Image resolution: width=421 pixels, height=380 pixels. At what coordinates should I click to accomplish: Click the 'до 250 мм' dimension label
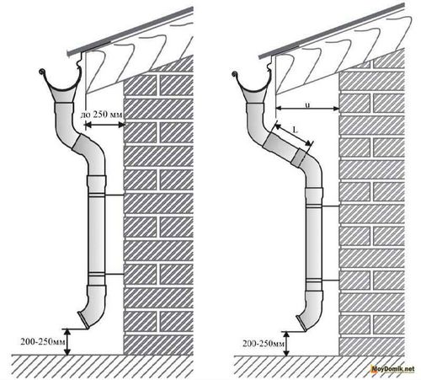pyautogui.click(x=101, y=115)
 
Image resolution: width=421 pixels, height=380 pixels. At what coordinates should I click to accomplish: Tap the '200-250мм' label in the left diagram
pyautogui.click(x=43, y=342)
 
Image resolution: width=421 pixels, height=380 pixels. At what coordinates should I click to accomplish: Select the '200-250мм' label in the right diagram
pyautogui.click(x=264, y=343)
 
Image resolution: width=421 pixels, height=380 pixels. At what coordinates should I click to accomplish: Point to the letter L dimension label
pyautogui.click(x=295, y=130)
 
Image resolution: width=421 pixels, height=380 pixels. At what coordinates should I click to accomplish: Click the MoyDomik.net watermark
pyautogui.click(x=392, y=369)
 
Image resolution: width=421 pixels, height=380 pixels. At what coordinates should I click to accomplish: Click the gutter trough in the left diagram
pyautogui.click(x=61, y=84)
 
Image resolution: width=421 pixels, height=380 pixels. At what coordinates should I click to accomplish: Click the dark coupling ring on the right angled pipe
pyautogui.click(x=298, y=157)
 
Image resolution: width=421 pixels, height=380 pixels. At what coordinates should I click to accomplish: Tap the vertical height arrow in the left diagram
pyautogui.click(x=67, y=342)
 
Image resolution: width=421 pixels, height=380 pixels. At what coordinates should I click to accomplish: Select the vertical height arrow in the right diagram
pyautogui.click(x=286, y=344)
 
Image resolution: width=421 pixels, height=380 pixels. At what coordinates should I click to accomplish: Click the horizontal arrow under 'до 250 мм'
pyautogui.click(x=104, y=125)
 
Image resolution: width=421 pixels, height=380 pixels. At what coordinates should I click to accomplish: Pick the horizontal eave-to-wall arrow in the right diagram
pyautogui.click(x=307, y=109)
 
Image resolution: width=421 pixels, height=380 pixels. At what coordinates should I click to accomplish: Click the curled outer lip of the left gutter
pyautogui.click(x=42, y=71)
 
